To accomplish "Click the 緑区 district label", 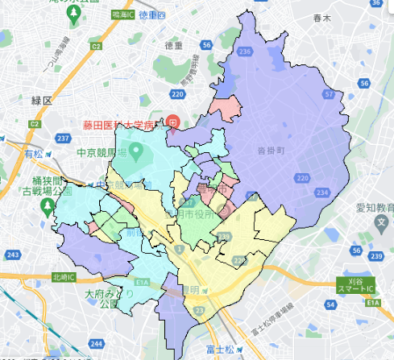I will [x=41, y=101].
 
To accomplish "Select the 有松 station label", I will [x=34, y=153].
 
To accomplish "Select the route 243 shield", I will [x=11, y=255].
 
